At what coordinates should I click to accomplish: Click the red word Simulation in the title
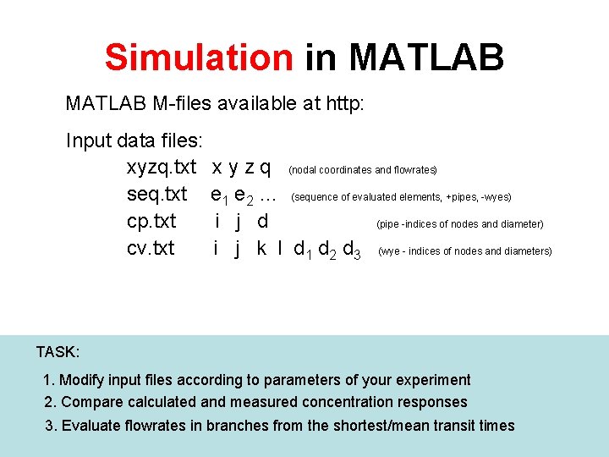coord(199,58)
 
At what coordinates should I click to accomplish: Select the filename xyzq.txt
coord(162,167)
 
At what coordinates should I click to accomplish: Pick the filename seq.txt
coord(156,194)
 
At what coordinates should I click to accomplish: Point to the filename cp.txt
coord(151,221)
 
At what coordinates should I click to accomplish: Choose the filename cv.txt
coord(151,248)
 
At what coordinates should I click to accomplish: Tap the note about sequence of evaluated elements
coord(401,197)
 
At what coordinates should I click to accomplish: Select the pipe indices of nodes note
coord(459,224)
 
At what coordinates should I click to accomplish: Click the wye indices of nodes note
coord(465,251)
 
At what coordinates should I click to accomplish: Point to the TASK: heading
coord(58,351)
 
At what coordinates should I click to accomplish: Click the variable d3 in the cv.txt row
coord(352,250)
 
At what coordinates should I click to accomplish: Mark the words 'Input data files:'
coord(128,140)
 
